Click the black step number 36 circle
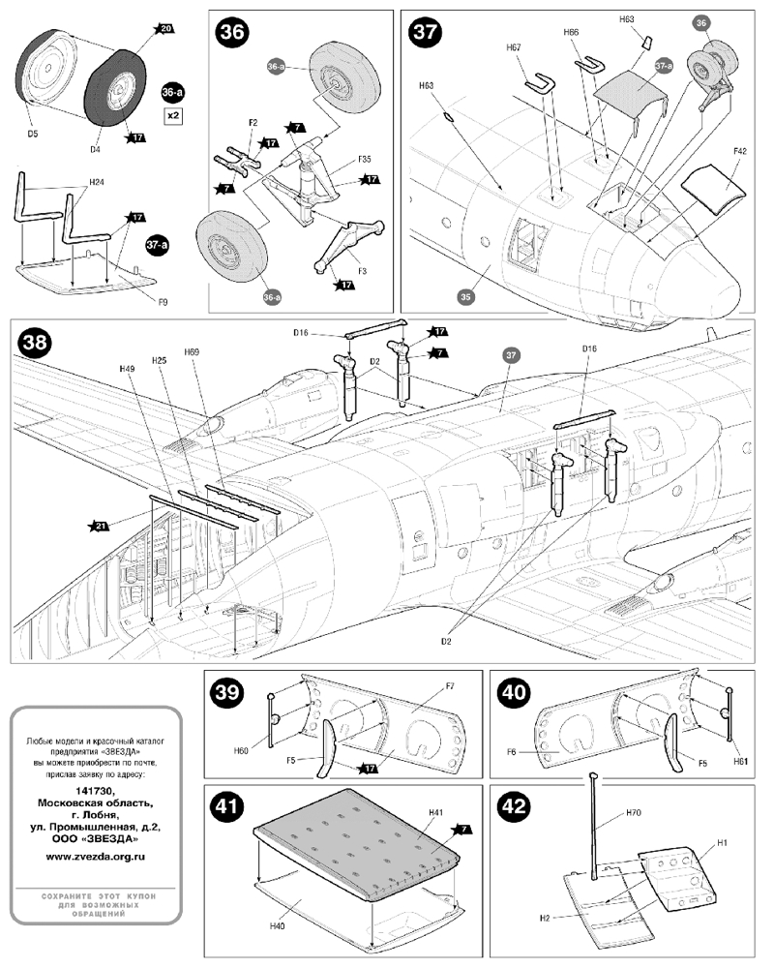tap(233, 32)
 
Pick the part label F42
tap(739, 152)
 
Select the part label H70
tap(634, 813)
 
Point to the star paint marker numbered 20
tap(165, 30)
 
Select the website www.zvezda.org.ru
tap(96, 856)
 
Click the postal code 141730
tap(96, 790)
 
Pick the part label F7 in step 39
tap(450, 686)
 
